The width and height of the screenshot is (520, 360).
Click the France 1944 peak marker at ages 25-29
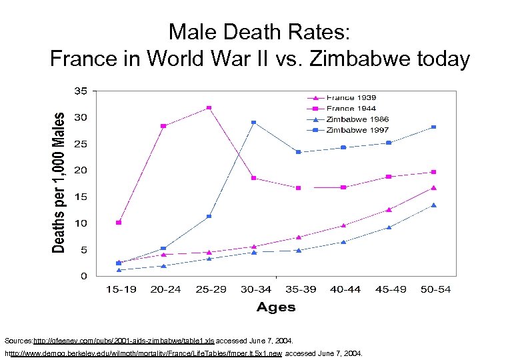point(209,107)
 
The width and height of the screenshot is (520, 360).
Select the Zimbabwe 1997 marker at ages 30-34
point(253,123)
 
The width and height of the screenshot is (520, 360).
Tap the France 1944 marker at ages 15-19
point(119,222)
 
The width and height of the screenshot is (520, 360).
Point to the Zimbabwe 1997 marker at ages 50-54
point(433,127)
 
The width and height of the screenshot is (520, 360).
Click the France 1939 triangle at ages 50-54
point(433,188)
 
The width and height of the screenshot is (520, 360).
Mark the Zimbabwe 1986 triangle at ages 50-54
point(433,205)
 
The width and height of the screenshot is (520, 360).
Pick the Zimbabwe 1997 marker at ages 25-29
point(209,216)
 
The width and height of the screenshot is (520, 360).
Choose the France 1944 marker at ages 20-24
point(163,126)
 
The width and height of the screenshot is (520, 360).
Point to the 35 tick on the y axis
point(79,91)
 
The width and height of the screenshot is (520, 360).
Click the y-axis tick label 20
point(79,171)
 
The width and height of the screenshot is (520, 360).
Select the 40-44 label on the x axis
point(343,289)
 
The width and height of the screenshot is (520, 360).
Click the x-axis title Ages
point(276,307)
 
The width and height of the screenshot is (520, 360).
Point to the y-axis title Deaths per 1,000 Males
point(59,182)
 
